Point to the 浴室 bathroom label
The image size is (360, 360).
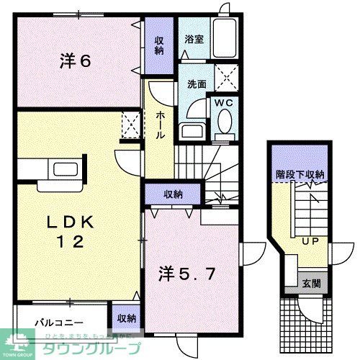click(x=193, y=40)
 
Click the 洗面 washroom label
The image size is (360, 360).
click(x=189, y=84)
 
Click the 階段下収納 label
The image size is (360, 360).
click(x=300, y=175)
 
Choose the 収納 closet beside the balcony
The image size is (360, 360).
click(x=126, y=318)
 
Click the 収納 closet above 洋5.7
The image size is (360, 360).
click(x=172, y=194)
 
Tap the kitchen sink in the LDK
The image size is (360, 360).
click(x=57, y=170)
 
